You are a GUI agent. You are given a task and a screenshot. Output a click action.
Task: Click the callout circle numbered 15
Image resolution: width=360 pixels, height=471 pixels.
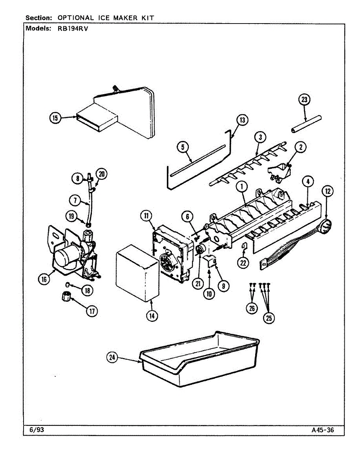tap(55, 117)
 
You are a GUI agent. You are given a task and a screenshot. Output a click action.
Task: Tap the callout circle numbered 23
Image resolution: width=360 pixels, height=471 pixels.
tap(303, 100)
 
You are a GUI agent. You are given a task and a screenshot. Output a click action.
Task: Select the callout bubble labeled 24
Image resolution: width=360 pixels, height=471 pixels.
tap(113, 357)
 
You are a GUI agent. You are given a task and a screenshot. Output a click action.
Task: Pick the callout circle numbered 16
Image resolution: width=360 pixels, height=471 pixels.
tap(44, 279)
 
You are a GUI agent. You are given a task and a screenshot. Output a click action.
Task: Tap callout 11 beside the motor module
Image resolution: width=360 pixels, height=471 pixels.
tap(146, 215)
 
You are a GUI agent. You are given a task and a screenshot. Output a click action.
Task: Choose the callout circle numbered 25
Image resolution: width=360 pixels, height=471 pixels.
tap(269, 318)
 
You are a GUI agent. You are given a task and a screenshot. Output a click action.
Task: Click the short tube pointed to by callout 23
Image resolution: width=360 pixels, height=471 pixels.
tap(305, 123)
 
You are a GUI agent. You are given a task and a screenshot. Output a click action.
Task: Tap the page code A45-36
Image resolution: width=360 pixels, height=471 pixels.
tap(323, 430)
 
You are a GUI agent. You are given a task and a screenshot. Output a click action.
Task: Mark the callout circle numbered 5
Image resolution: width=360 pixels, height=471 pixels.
tap(183, 147)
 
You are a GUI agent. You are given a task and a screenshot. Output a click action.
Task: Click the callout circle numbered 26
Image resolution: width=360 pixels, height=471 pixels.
tap(252, 309)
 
